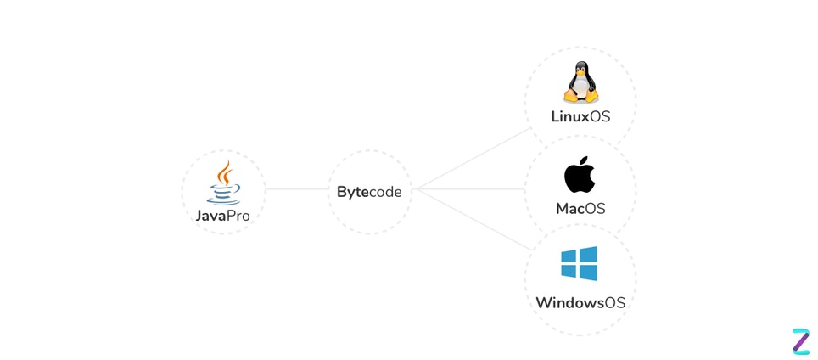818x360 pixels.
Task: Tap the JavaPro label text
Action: pos(223,216)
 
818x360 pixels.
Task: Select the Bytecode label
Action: pos(369,192)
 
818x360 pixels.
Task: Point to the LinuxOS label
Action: pos(580,116)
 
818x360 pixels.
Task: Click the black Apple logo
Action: pos(580,176)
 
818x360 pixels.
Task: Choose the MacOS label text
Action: pos(580,208)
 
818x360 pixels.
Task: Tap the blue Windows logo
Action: pos(579,264)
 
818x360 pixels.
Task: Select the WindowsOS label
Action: pos(580,303)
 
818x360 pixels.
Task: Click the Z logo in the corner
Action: pos(800,340)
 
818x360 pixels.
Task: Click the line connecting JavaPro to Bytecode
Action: pos(297,189)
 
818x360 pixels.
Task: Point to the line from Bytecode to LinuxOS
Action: pos(471,160)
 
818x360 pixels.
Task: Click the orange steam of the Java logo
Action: pos(224,172)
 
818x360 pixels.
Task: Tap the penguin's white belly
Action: pos(580,88)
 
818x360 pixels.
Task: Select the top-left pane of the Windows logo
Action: pos(569,256)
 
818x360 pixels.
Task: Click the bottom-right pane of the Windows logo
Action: pos(588,273)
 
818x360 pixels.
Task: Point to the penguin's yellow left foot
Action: pos(569,99)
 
